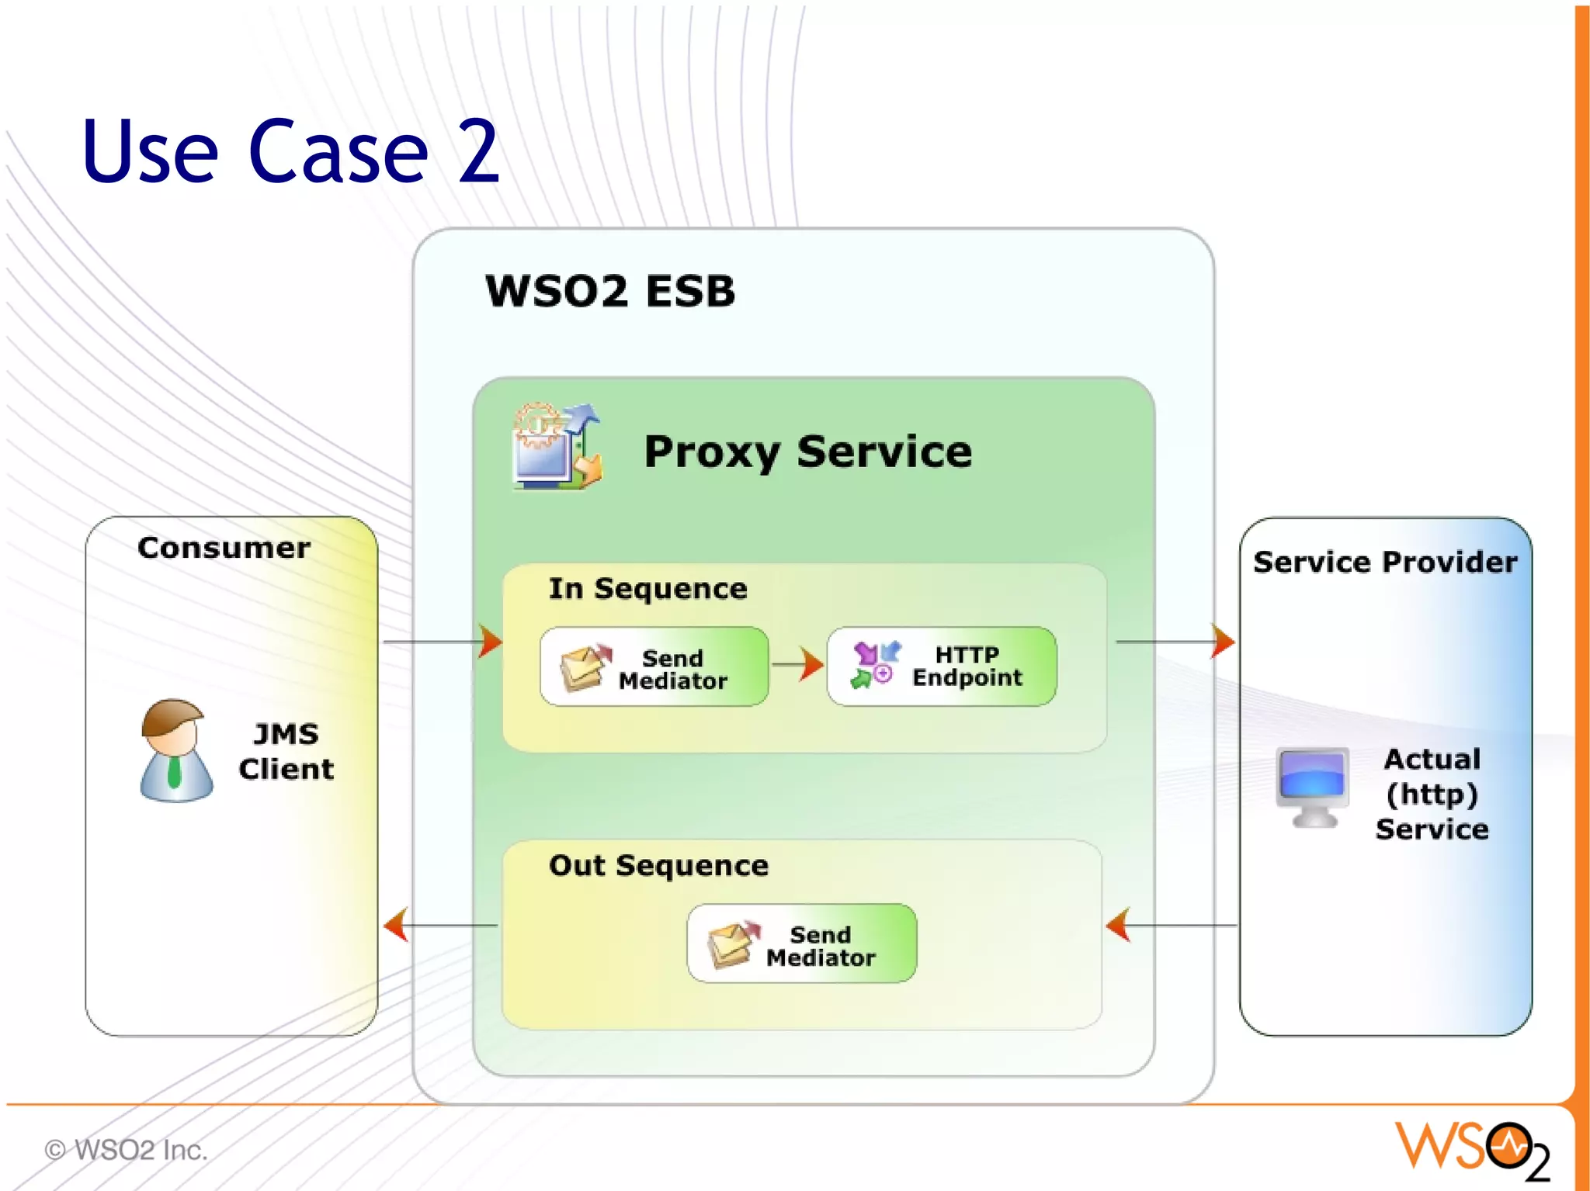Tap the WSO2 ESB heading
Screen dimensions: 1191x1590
click(609, 292)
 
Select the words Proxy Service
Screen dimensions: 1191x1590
click(807, 452)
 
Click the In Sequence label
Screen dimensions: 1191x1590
click(647, 589)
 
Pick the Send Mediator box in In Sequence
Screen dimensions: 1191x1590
click(654, 667)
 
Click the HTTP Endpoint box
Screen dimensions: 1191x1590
click(941, 666)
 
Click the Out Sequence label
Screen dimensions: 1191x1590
click(658, 865)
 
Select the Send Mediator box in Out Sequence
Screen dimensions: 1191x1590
click(801, 943)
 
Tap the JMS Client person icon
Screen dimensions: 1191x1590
click(176, 750)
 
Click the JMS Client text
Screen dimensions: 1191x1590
click(286, 751)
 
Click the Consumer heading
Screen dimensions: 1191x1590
click(224, 548)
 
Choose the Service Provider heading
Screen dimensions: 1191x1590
click(1385, 562)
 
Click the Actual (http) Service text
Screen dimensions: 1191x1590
click(1432, 794)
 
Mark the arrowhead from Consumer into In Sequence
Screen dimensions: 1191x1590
click(491, 642)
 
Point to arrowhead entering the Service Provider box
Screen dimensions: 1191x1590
click(1222, 642)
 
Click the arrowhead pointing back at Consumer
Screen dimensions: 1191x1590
click(396, 925)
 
